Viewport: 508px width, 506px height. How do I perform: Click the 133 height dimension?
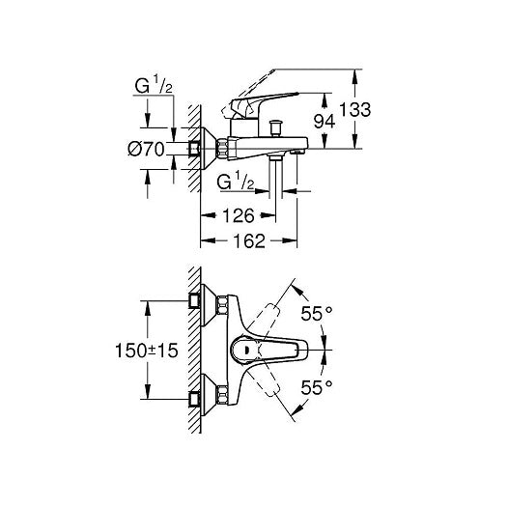click(x=354, y=109)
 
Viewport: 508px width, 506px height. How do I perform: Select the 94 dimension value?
click(x=325, y=122)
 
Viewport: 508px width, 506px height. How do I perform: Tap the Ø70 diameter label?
click(x=146, y=150)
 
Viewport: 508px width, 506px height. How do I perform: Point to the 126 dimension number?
click(x=239, y=215)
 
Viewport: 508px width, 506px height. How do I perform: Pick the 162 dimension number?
click(x=249, y=241)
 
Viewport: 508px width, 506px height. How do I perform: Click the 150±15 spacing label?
click(x=147, y=351)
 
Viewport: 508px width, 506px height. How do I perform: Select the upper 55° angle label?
click(x=317, y=313)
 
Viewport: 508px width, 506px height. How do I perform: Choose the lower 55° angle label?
click(x=317, y=387)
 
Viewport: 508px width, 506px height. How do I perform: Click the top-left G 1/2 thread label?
click(x=154, y=85)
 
